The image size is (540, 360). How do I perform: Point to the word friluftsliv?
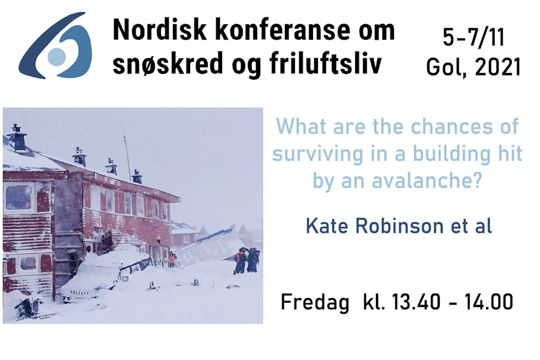coord(326,65)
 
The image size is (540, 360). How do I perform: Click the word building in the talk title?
coord(451,154)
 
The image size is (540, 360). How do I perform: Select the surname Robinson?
coord(399,227)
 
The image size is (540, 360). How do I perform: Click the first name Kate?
coord(327,227)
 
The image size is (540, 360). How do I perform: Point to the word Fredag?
coord(315,303)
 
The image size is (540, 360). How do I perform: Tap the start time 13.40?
coord(416,302)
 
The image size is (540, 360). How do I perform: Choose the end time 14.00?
coord(489,302)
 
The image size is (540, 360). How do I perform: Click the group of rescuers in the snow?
coord(246,260)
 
